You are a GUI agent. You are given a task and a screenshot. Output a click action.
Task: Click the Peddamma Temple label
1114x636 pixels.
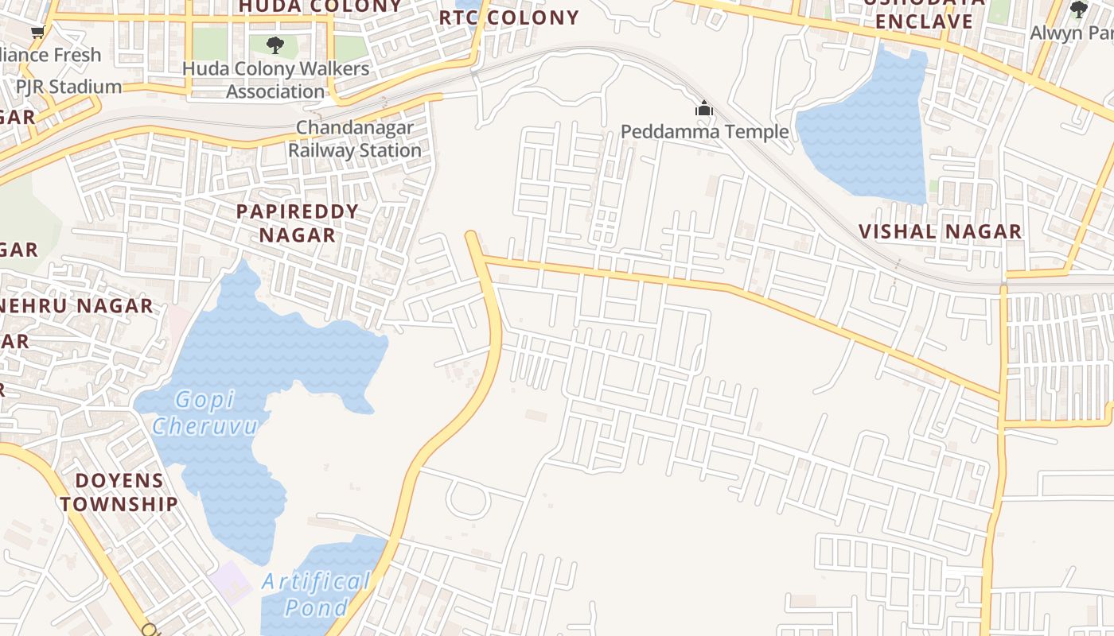pyautogui.click(x=704, y=131)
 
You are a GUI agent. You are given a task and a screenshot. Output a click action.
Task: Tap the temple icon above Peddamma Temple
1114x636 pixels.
pyautogui.click(x=704, y=108)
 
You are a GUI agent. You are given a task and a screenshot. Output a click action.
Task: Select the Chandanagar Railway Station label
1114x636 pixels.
pyautogui.click(x=355, y=139)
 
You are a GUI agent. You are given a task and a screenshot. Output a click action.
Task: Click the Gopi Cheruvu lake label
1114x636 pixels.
pyautogui.click(x=205, y=413)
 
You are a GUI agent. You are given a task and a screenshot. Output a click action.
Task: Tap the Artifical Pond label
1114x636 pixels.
pyautogui.click(x=316, y=595)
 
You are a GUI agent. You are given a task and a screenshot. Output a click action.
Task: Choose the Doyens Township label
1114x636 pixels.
pyautogui.click(x=119, y=492)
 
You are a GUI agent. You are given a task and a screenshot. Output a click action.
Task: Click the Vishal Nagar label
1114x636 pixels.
pyautogui.click(x=940, y=232)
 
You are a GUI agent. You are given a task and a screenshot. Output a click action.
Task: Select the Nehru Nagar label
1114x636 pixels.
pyautogui.click(x=76, y=306)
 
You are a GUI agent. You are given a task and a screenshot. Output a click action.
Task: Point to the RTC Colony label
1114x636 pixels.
pyautogui.click(x=509, y=17)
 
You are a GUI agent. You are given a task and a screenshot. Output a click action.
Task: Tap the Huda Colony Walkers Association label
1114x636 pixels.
pyautogui.click(x=275, y=79)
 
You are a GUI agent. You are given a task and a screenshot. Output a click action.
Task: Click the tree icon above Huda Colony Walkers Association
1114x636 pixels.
pyautogui.click(x=275, y=45)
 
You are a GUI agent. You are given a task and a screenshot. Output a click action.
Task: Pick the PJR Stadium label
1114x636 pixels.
pyautogui.click(x=69, y=87)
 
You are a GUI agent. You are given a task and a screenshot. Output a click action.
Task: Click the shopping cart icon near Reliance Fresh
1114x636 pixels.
pyautogui.click(x=37, y=32)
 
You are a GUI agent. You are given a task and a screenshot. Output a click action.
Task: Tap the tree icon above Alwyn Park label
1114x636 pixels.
pyautogui.click(x=1079, y=10)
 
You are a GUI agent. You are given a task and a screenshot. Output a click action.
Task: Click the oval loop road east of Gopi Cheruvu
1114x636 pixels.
pyautogui.click(x=467, y=498)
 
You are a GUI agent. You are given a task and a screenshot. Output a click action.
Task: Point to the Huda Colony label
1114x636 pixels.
pyautogui.click(x=320, y=6)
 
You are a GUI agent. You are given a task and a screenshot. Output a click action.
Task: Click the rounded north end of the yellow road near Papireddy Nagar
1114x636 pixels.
pyautogui.click(x=472, y=236)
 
